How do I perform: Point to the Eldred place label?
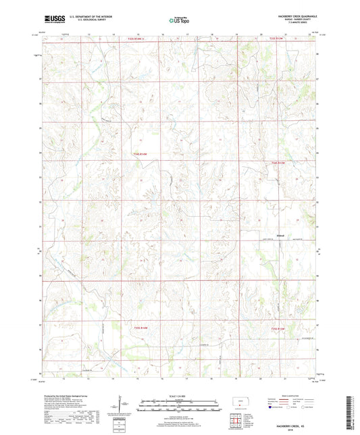[x=281, y=235]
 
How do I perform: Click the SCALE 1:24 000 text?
[x=179, y=395]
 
